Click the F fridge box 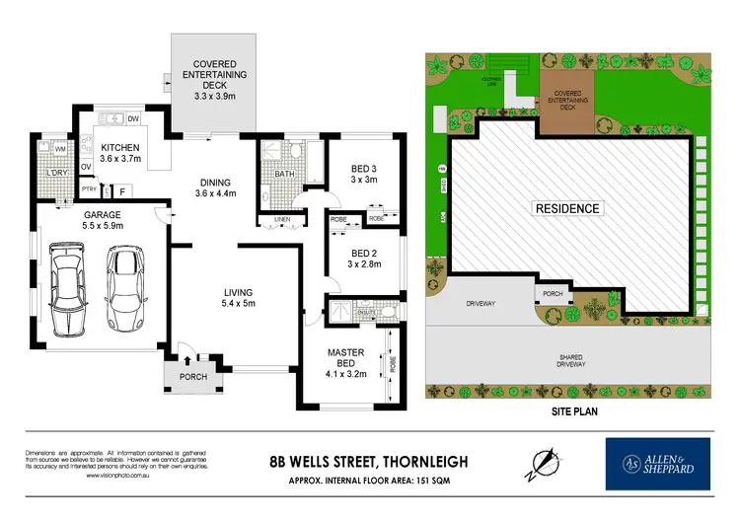pyautogui.click(x=122, y=190)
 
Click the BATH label pyautogui.click(x=284, y=174)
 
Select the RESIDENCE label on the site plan pyautogui.click(x=566, y=208)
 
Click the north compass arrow pyautogui.click(x=540, y=460)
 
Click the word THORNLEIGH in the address pyautogui.click(x=410, y=460)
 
